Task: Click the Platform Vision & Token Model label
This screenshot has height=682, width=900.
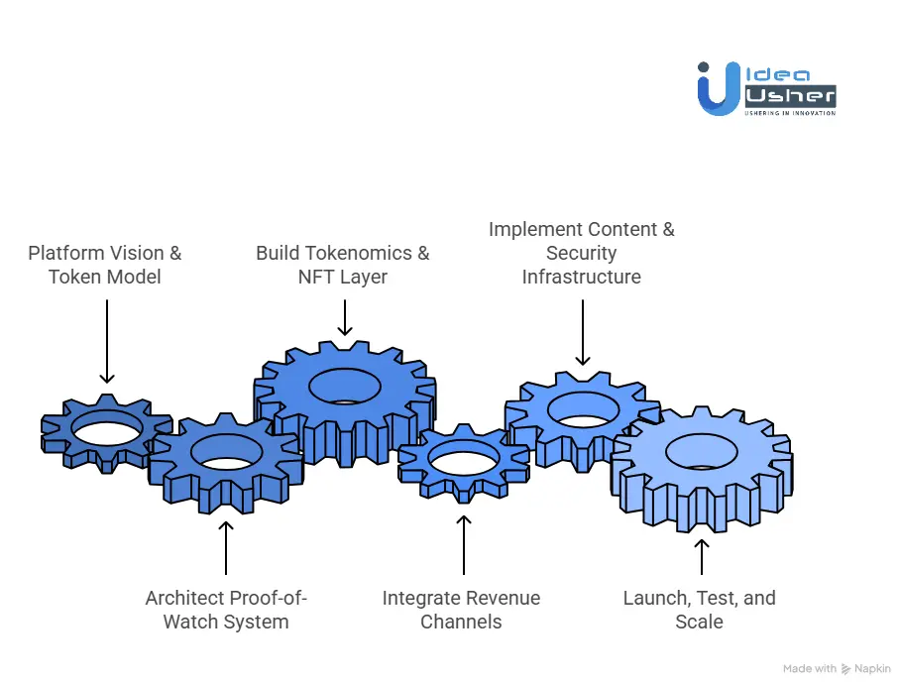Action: (x=105, y=265)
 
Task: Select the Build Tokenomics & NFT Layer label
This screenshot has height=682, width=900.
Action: (x=343, y=265)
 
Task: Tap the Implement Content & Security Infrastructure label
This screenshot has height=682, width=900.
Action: (x=582, y=253)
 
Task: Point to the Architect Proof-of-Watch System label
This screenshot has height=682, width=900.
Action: (x=226, y=610)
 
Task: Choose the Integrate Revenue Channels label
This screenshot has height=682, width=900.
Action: (x=462, y=610)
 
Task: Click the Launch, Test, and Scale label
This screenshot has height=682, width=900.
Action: (x=700, y=610)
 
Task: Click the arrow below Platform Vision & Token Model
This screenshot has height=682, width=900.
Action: (x=106, y=341)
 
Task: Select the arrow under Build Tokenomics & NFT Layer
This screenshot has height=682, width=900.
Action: (x=344, y=317)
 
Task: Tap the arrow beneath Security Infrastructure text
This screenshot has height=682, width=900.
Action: (x=582, y=332)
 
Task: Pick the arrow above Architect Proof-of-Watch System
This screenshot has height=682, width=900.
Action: (x=226, y=547)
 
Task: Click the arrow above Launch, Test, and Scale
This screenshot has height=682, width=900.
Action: (x=702, y=557)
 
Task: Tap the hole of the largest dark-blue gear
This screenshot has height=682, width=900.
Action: (x=345, y=387)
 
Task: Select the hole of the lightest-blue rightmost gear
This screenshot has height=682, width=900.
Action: (x=701, y=452)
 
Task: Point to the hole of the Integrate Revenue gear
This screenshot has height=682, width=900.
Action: (x=463, y=461)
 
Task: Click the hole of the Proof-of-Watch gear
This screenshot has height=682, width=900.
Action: (x=226, y=452)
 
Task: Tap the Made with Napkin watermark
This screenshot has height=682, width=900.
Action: (x=835, y=669)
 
